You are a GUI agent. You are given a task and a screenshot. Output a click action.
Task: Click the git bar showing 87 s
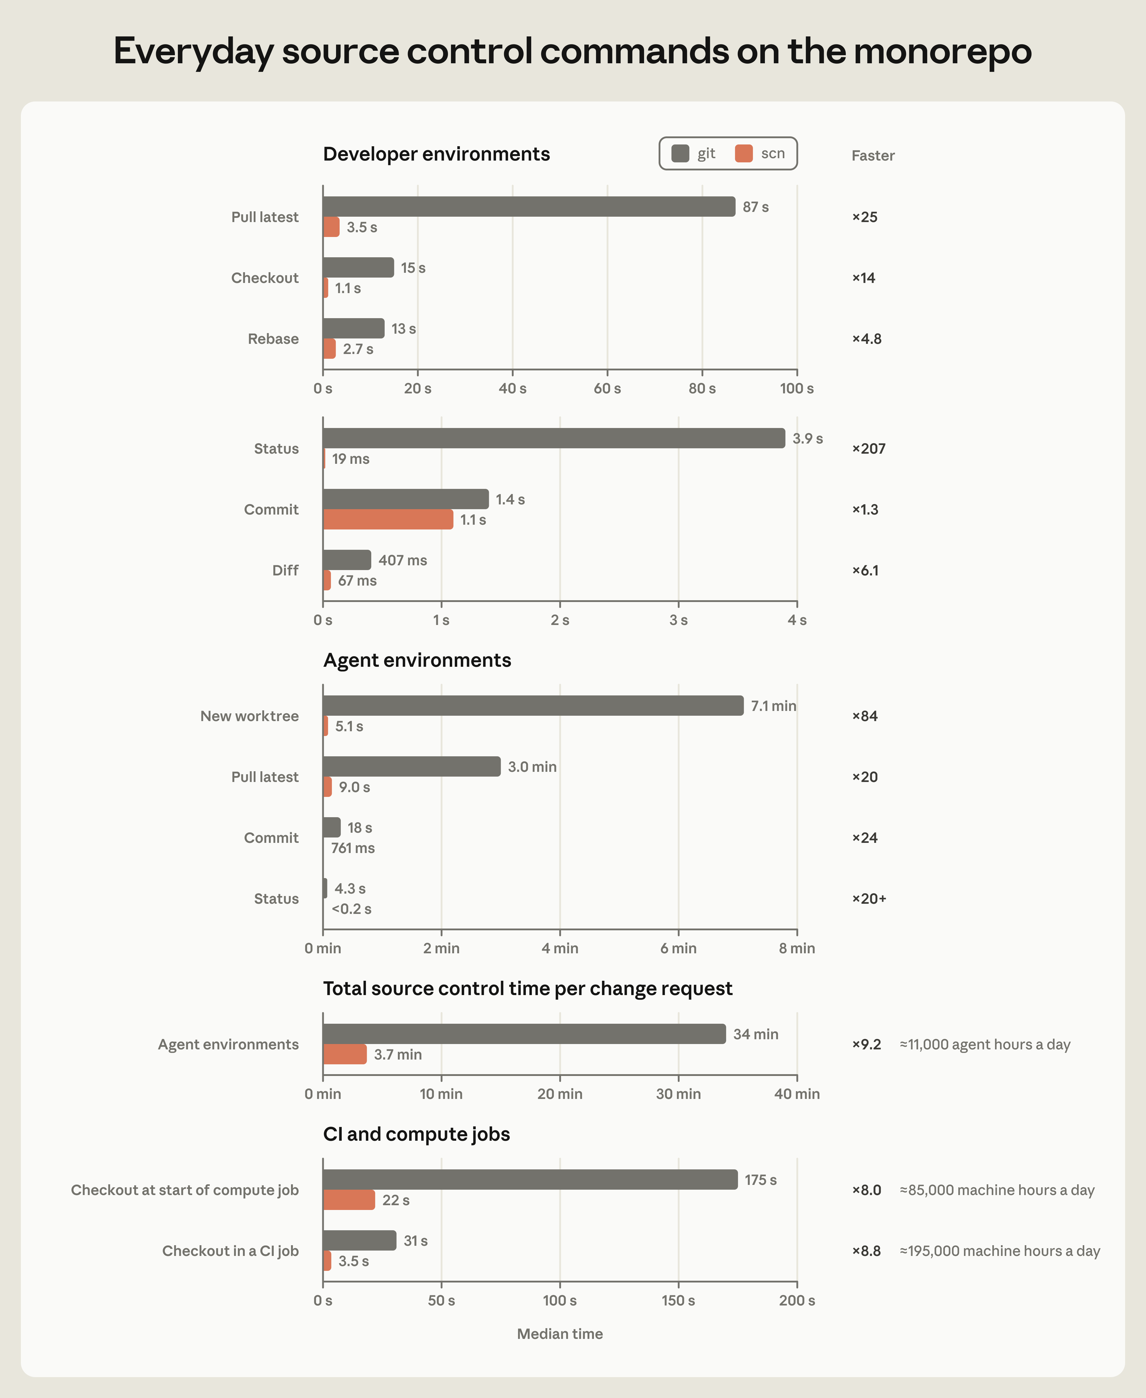pyautogui.click(x=529, y=207)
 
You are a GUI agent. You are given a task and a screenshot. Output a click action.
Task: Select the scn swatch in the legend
pyautogui.click(x=744, y=153)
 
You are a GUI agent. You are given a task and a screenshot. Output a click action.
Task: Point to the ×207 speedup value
pyautogui.click(x=869, y=449)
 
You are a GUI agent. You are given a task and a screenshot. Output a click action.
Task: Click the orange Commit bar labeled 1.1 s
pyautogui.click(x=388, y=519)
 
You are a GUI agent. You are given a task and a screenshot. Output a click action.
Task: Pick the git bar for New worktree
pyautogui.click(x=533, y=706)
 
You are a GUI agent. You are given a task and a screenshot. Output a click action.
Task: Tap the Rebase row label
pyautogui.click(x=273, y=339)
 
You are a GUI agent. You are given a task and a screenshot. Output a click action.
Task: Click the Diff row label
pyautogui.click(x=285, y=570)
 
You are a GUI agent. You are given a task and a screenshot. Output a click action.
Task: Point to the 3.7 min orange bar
pyautogui.click(x=345, y=1054)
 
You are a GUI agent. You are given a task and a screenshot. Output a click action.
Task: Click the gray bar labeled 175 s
pyautogui.click(x=530, y=1180)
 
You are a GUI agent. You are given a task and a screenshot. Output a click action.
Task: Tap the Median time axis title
pyautogui.click(x=560, y=1334)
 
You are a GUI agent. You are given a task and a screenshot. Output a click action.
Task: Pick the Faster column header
pyautogui.click(x=873, y=156)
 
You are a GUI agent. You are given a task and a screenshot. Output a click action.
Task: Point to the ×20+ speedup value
pyautogui.click(x=869, y=898)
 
